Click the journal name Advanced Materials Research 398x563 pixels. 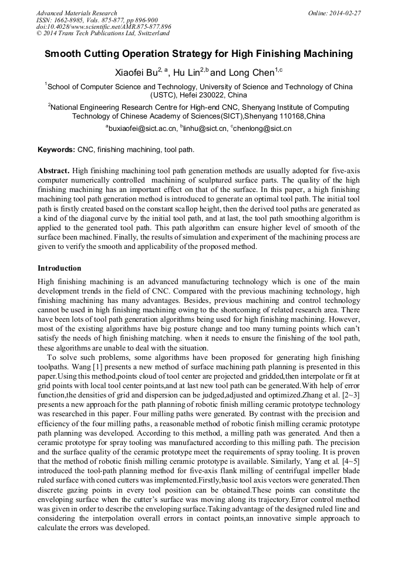(76, 13)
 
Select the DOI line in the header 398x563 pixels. (104, 26)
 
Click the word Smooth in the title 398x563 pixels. (65, 54)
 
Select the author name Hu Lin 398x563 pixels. (186, 73)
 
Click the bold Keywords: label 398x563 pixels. (56, 150)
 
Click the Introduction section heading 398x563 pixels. (59, 268)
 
